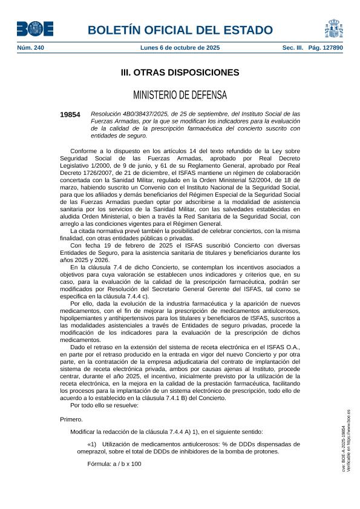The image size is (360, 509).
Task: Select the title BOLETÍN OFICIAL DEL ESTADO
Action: coord(180,30)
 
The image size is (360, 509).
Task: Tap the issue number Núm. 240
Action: coord(30,47)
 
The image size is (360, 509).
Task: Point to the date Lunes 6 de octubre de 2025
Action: coord(180,47)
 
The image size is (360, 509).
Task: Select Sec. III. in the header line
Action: coord(292,47)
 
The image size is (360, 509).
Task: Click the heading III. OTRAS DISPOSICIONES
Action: coord(180,73)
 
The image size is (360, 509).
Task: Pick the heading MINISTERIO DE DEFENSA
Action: coord(180,95)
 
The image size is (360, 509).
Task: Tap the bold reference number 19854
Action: coord(70,114)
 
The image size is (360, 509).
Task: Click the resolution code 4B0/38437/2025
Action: coord(152,114)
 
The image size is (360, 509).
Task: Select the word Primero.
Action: coord(72,419)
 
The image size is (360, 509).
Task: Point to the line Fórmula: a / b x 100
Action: coord(114,464)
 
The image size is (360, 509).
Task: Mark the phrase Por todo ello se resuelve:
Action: coord(104,406)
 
